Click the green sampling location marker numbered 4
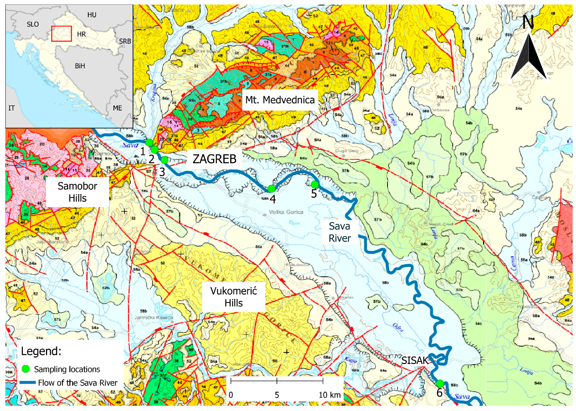pos(271,188)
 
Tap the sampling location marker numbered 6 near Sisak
pos(440,383)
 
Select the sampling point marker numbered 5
pos(315,184)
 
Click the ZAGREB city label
pos(214,159)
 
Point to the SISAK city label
pos(415,360)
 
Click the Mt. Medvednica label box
pos(280,100)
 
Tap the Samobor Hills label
pos(77,192)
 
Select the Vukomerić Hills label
pos(233,297)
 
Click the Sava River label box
pos(340,232)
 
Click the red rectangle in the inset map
pos(62,34)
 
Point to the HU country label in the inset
pos(92,15)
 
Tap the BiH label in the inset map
pos(80,66)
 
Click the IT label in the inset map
pos(12,108)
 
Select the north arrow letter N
pos(528,22)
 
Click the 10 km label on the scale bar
pos(329,395)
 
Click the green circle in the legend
pos(26,369)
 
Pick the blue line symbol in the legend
pos(28,382)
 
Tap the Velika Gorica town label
pos(286,212)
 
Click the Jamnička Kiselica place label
pos(154,318)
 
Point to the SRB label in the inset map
pos(125,41)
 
